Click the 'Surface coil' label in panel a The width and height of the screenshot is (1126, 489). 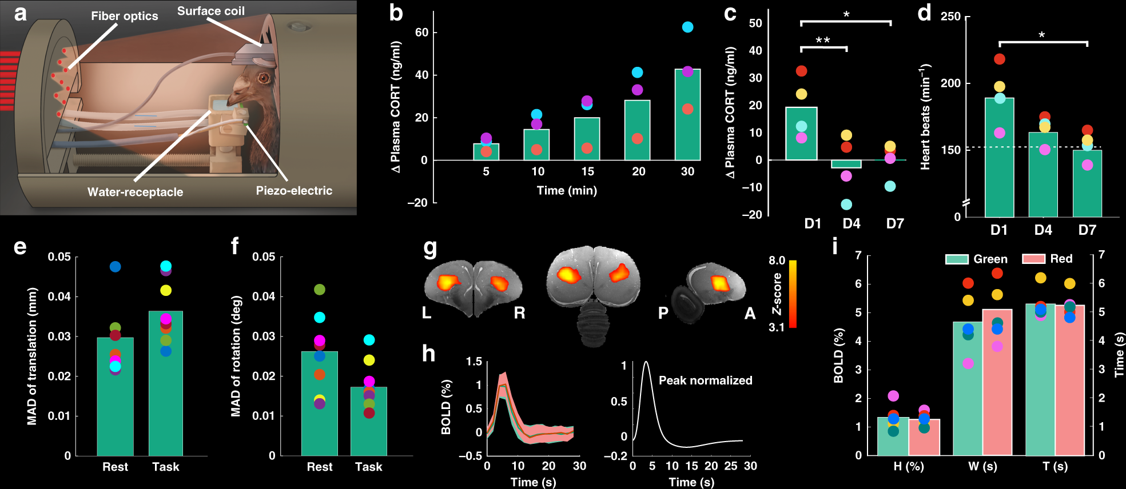tap(210, 11)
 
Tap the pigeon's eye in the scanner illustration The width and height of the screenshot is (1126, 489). tap(263, 78)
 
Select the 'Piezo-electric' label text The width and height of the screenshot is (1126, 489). tap(294, 191)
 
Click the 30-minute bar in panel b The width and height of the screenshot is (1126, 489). tap(687, 115)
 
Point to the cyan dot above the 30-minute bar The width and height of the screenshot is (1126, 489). tap(687, 27)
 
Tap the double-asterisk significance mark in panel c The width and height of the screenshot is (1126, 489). tap(822, 41)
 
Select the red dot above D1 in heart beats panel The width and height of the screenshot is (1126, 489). tap(999, 59)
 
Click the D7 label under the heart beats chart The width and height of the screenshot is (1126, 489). tap(1087, 230)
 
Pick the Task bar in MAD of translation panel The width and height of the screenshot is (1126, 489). tap(166, 383)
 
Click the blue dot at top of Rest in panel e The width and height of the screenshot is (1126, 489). tap(115, 267)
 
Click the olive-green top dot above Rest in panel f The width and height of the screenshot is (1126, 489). tap(319, 290)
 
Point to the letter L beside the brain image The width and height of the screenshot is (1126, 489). tap(427, 313)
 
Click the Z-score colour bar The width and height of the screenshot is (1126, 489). tap(793, 294)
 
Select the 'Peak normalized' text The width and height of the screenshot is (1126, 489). tap(705, 380)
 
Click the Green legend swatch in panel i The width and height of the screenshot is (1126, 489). tap(957, 259)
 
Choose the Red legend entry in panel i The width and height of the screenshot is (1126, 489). tap(1047, 259)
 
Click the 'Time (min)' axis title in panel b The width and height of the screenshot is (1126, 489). tap(566, 191)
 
